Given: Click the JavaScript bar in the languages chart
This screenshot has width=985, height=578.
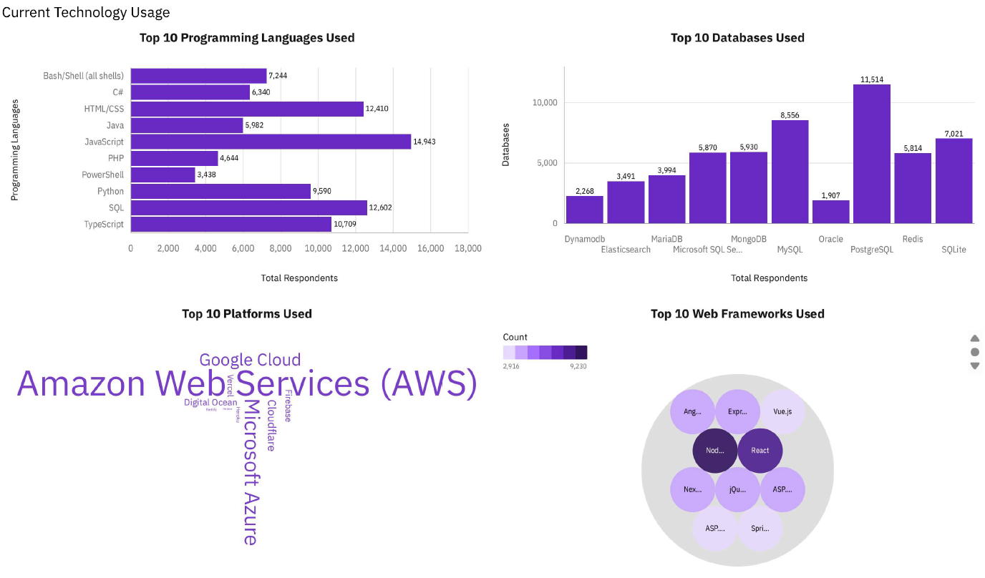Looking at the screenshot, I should pos(271,142).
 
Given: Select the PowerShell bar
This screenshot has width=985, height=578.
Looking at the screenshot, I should pos(162,175).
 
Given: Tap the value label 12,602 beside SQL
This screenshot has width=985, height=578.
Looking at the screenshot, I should pos(380,208).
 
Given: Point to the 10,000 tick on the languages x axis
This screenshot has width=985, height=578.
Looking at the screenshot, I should pos(318,248).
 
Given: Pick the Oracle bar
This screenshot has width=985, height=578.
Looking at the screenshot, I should pos(830,212).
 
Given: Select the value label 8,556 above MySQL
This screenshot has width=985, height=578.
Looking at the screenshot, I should pos(790,114).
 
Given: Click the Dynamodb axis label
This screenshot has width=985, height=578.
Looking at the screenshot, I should pos(583,239).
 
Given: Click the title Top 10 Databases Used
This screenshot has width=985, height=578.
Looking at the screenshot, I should pos(737,38).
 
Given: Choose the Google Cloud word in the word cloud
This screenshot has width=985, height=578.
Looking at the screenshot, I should pos(250,360).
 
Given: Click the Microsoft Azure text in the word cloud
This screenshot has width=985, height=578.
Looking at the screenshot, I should pos(251,472).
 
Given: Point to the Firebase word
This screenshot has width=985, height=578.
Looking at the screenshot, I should pos(288,406).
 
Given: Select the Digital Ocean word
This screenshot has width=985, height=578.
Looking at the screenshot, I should pos(210,403).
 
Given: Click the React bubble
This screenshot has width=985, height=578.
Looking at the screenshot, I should pos(760,451).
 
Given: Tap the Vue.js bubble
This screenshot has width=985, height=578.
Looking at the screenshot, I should pos(782,412).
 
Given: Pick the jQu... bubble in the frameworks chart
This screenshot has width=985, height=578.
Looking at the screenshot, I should pos(737,490).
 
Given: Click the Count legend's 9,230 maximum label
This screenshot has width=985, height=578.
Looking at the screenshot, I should pos(578,366).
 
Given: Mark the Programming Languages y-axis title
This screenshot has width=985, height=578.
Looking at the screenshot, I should pos(15,149).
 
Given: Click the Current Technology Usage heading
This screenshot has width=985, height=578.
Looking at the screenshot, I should pos(86,13).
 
